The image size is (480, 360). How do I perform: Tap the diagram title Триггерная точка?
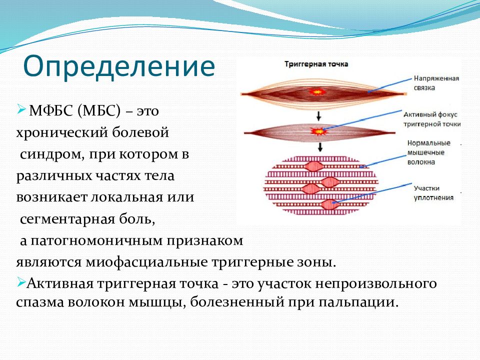(x=316, y=64)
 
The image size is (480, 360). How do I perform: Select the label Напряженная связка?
(x=436, y=83)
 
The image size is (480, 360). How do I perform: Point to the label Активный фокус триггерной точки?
(x=432, y=119)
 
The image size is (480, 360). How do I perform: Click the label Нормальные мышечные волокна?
(x=428, y=152)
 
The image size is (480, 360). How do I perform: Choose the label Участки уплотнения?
(x=433, y=193)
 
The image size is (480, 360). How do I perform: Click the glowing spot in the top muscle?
(x=316, y=91)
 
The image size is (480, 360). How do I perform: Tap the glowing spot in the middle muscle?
(x=318, y=131)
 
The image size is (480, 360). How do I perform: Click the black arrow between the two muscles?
(x=318, y=115)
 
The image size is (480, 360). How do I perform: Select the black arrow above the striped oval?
(x=320, y=147)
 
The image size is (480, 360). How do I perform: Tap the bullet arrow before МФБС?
(x=21, y=108)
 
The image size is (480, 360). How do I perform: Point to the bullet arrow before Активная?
(x=21, y=282)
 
